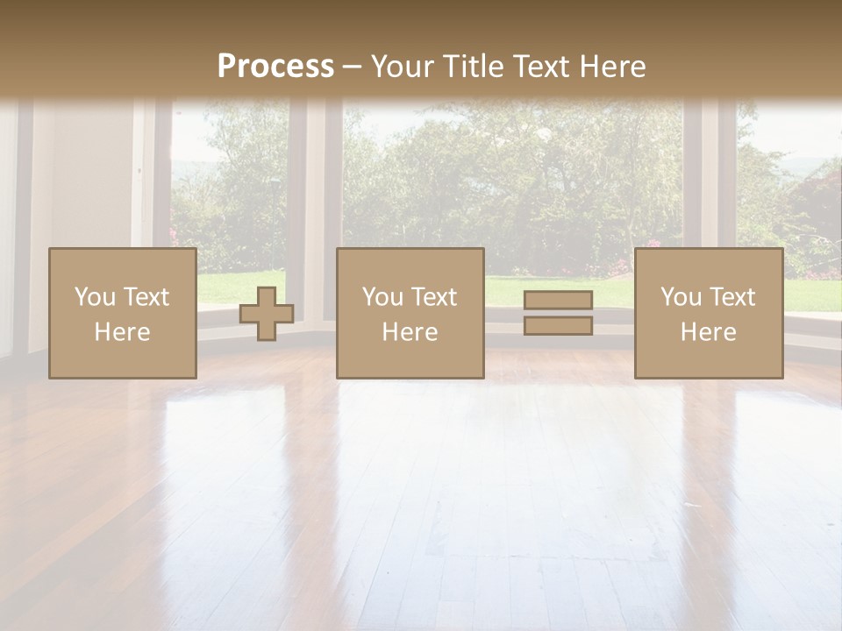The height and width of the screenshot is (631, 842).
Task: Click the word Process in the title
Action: [x=275, y=67]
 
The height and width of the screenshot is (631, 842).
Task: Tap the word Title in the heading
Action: [x=472, y=67]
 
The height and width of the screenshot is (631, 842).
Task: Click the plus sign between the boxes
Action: [x=267, y=314]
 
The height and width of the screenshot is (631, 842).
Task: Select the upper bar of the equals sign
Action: [x=558, y=301]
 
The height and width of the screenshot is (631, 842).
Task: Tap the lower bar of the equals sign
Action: [x=558, y=326]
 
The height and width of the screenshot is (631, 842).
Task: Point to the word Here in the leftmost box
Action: [x=122, y=332]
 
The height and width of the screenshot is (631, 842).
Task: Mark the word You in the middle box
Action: [x=383, y=297]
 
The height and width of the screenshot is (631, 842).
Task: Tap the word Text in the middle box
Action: [x=435, y=297]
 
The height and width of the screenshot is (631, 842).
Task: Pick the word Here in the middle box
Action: [x=410, y=332]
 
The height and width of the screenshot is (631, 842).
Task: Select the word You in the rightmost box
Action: [x=681, y=297]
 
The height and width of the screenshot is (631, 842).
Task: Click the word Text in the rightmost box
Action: [x=733, y=297]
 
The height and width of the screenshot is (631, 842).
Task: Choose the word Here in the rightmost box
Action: [x=708, y=332]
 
